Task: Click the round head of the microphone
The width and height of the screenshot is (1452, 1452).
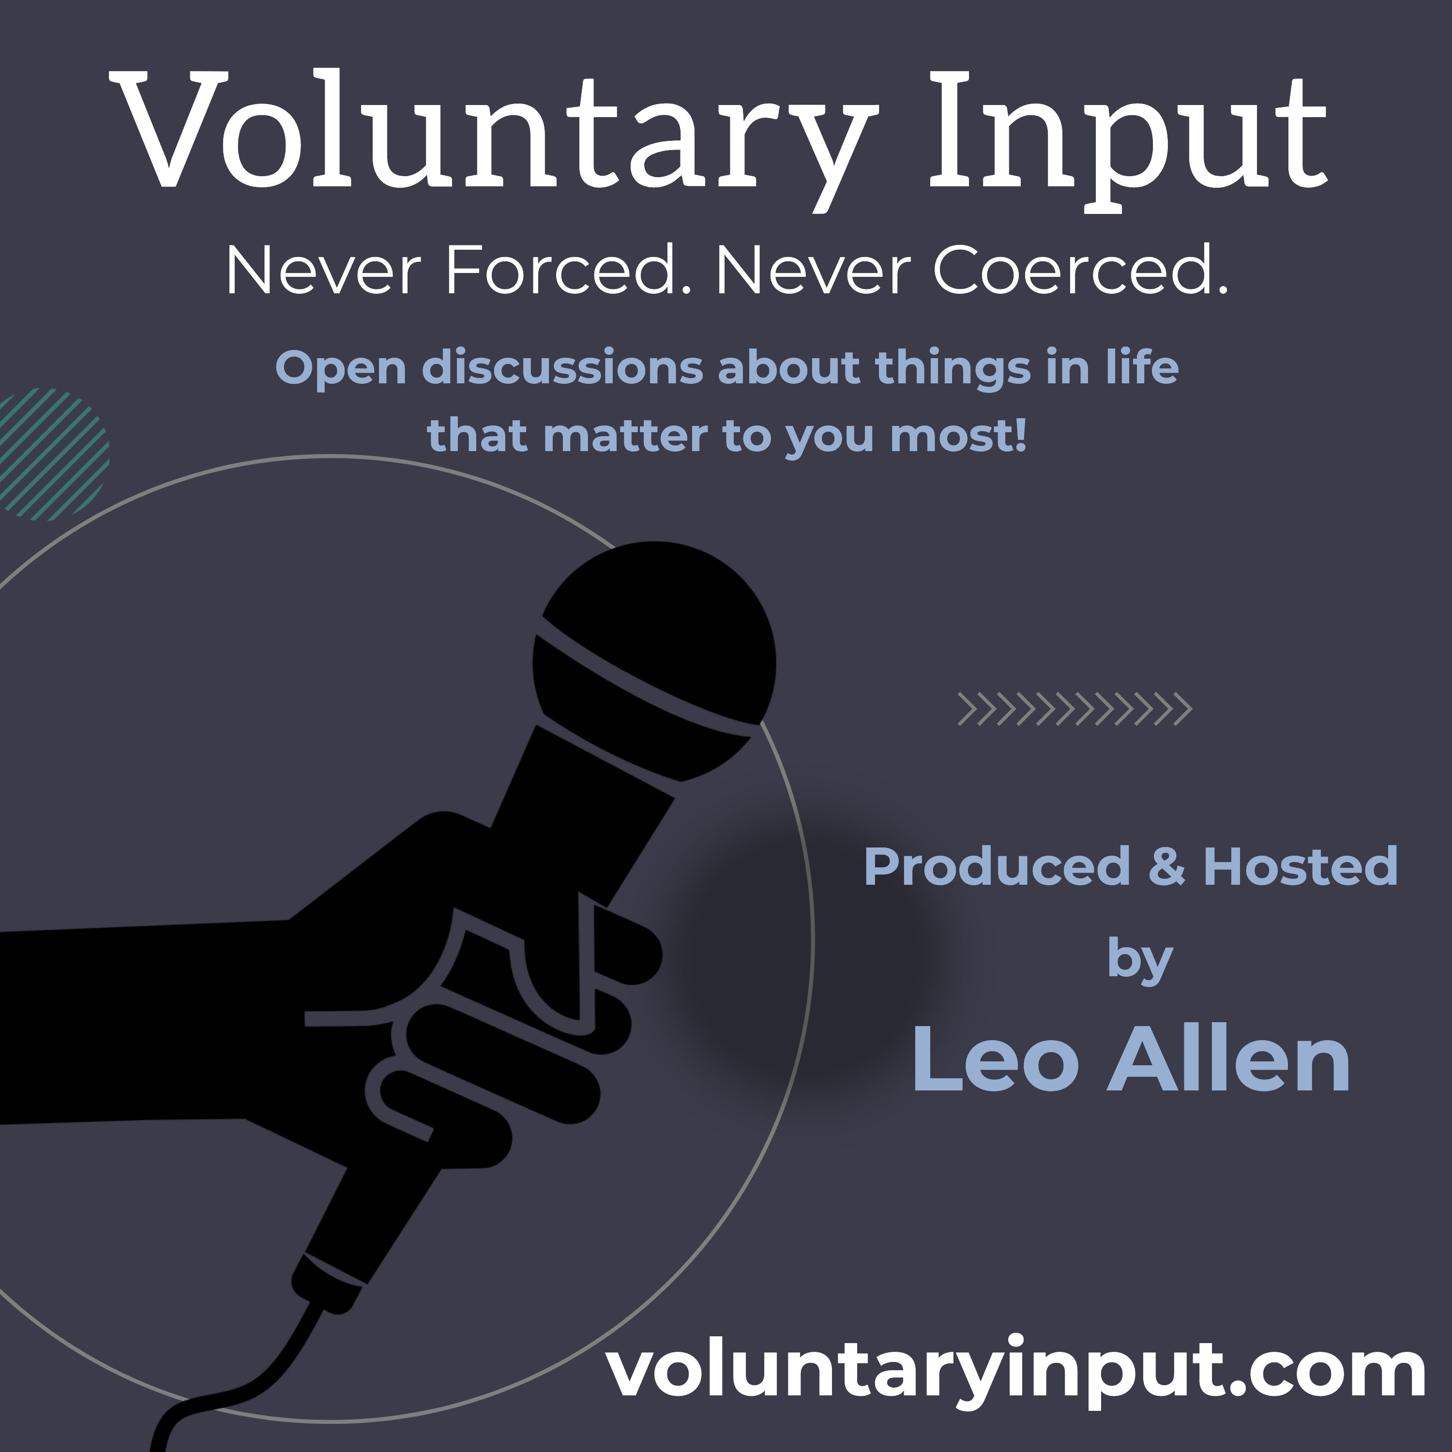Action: pyautogui.click(x=654, y=661)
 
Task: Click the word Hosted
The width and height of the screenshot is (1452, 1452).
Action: pyautogui.click(x=1300, y=866)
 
